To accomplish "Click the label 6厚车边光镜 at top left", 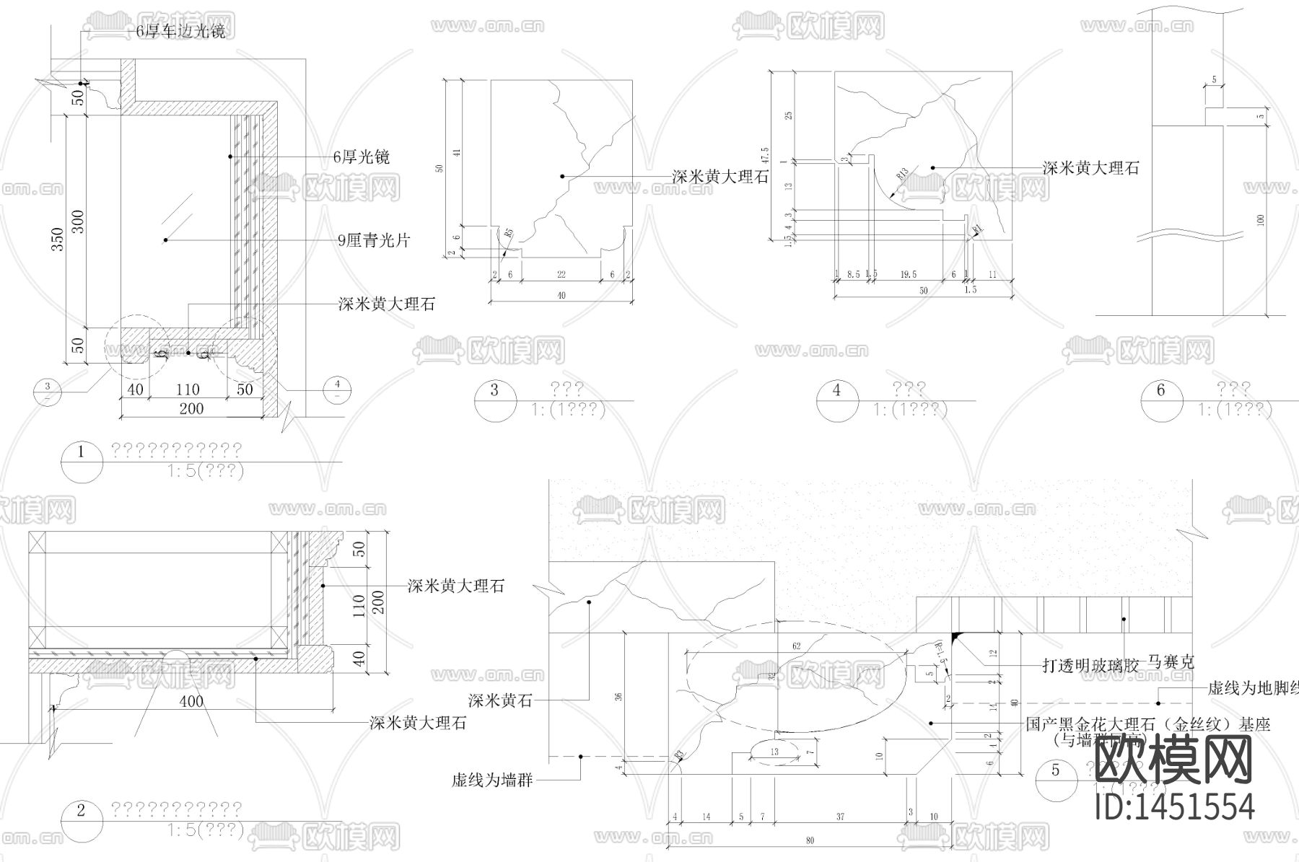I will tap(180, 32).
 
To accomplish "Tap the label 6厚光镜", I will tap(361, 157).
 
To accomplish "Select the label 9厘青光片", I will tap(373, 240).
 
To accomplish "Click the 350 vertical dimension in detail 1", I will tap(59, 238).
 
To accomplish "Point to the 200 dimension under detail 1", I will tap(191, 409).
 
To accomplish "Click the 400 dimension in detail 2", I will tap(191, 701).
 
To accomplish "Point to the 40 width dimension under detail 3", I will tap(561, 295).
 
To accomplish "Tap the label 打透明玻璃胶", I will tap(1090, 665).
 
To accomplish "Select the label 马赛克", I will tap(1170, 661).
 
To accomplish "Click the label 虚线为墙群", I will tap(491, 780).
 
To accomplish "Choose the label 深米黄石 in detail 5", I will tap(500, 700).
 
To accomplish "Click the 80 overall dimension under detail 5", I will tap(810, 840).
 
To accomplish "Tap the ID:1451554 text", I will tap(1175, 806).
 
